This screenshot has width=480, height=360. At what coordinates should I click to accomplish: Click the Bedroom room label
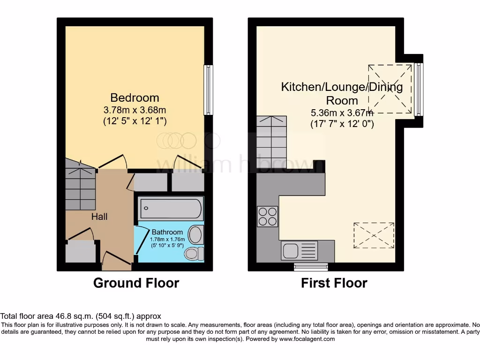point(135,97)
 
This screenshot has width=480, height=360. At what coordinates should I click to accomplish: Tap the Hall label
point(99,216)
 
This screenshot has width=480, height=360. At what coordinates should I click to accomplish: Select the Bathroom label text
point(167,232)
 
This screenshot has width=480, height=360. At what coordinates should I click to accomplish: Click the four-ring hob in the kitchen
point(267,216)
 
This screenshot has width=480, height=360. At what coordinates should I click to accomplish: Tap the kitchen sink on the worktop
point(300,250)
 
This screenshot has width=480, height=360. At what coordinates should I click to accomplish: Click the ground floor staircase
point(80,185)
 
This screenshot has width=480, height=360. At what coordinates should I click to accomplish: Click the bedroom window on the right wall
point(208,90)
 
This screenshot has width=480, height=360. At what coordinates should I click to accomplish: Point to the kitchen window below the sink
point(311,267)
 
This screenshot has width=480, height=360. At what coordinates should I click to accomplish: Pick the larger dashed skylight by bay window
point(390,89)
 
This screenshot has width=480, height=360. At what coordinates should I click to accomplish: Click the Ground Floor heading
point(136,283)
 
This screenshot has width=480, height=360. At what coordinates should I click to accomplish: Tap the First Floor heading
point(334,283)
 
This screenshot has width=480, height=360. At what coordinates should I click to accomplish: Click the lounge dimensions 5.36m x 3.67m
point(342,113)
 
